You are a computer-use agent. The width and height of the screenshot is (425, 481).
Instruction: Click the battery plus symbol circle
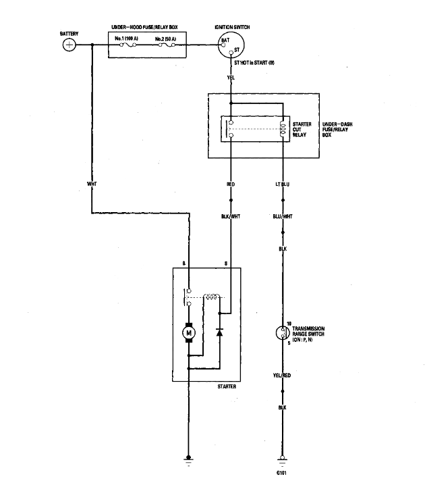pyautogui.click(x=69, y=45)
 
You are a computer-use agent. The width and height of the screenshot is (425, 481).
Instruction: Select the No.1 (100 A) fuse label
pyautogui.click(x=128, y=39)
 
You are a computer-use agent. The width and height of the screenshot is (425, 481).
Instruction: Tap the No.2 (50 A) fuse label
pyautogui.click(x=165, y=39)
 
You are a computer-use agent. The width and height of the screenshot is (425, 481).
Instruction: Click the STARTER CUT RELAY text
pyautogui.click(x=302, y=130)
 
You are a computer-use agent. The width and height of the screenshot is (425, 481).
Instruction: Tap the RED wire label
pyautogui.click(x=231, y=183)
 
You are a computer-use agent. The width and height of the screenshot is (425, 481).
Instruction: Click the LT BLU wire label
pyautogui.click(x=282, y=183)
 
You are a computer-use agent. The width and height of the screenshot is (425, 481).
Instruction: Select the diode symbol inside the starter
pyautogui.click(x=218, y=332)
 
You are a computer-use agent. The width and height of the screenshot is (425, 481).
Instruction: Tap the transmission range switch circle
pyautogui.click(x=282, y=332)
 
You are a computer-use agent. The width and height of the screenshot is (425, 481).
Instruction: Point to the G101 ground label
pyautogui.click(x=282, y=472)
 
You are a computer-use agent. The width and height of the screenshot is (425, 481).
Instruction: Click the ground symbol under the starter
pyautogui.click(x=190, y=461)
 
